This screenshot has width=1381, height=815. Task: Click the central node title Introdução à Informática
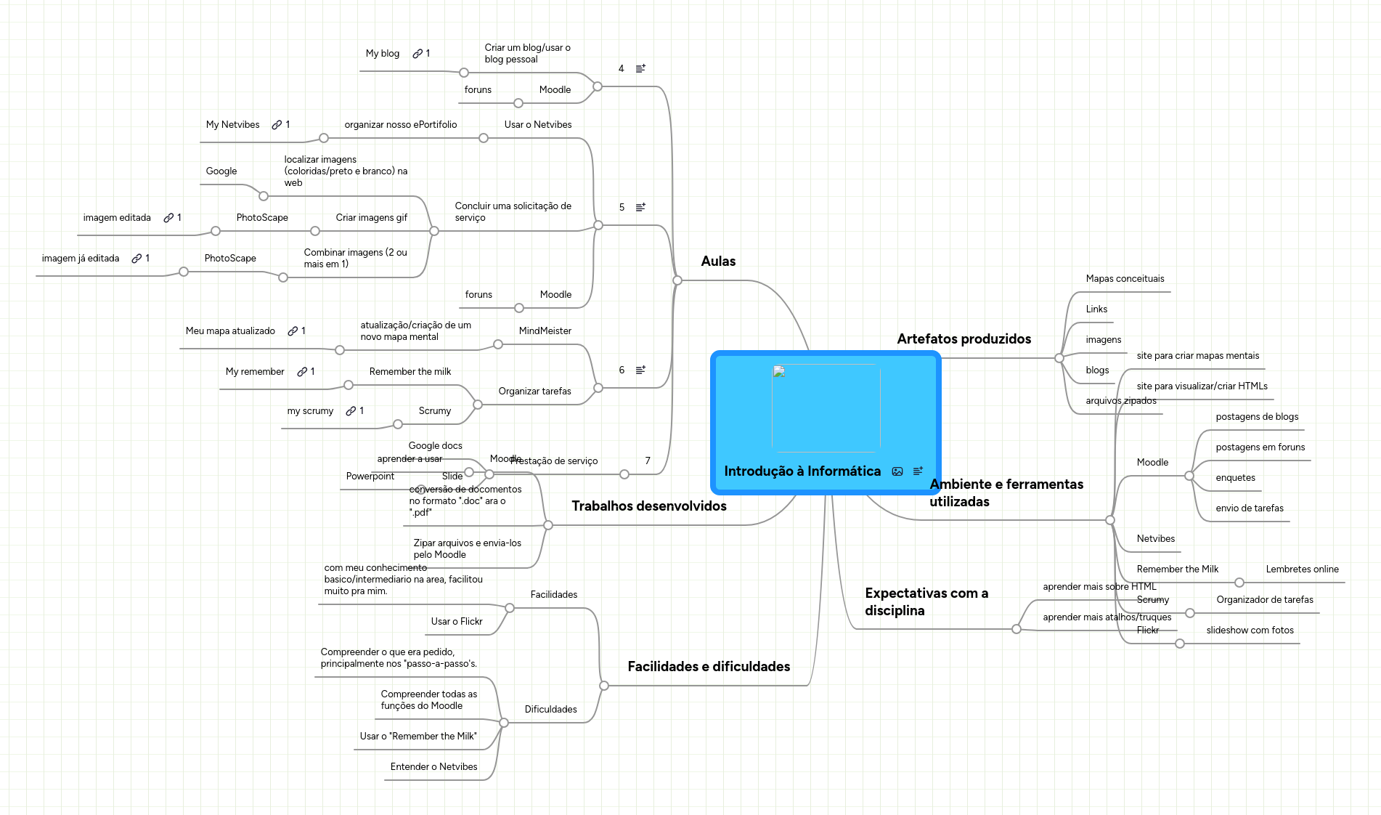pos(802,471)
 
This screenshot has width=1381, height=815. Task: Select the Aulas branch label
pos(718,261)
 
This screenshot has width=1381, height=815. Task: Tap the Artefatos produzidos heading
pos(964,339)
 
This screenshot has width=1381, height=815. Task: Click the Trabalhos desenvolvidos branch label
pos(648,506)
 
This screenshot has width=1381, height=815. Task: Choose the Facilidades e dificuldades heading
pos(709,667)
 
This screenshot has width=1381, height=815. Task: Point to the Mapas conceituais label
pos(1125,279)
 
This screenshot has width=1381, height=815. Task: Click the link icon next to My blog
pos(417,54)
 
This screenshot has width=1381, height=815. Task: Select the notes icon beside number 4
pos(640,69)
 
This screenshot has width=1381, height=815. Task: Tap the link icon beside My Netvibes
pos(277,125)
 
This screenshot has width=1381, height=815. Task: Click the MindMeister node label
pos(545,331)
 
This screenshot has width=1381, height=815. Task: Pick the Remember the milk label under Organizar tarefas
pos(410,372)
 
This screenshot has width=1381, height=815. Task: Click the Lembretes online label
pos(1302,569)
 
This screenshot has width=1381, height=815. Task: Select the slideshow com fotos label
pos(1250,630)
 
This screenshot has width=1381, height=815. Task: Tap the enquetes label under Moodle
pos(1235,478)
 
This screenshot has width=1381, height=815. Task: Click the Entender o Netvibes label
pos(433,767)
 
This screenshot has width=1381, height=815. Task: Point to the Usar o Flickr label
pos(456,622)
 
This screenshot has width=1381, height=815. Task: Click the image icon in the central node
pos(897,471)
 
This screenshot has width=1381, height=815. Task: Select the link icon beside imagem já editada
pos(137,259)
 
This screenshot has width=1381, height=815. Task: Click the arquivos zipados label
pos(1121,401)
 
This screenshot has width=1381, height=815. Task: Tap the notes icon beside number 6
pos(640,370)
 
